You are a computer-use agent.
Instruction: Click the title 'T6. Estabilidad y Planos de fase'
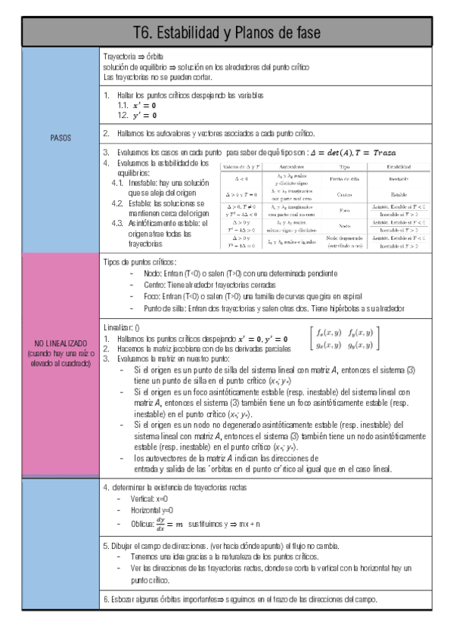226,33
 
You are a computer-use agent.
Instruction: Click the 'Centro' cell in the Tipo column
345,194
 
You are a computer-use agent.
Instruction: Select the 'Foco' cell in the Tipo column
345,209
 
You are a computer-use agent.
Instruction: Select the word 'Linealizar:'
119,328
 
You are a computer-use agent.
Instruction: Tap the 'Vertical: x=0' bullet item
148,499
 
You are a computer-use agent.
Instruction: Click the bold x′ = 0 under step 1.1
144,106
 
